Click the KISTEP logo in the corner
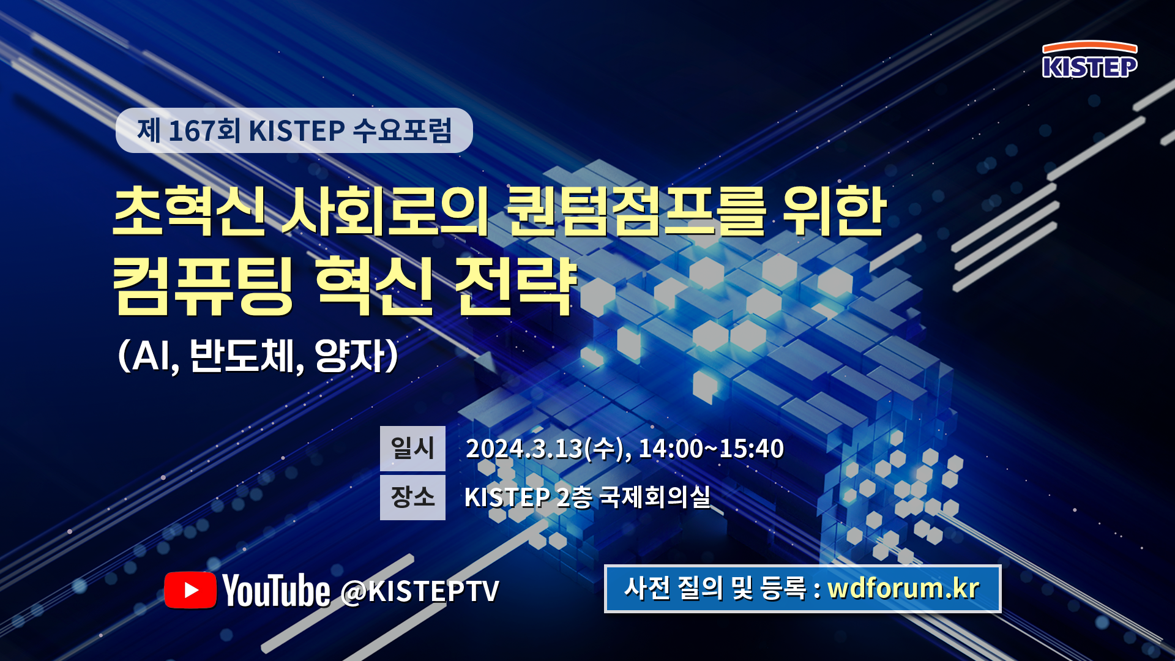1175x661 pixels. click(x=1089, y=59)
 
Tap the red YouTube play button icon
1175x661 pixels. click(x=190, y=590)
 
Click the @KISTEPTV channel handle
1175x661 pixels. click(x=420, y=591)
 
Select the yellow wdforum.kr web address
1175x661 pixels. click(x=903, y=588)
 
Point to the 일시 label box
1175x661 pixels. click(x=412, y=448)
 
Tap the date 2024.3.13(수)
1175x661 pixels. click(x=545, y=449)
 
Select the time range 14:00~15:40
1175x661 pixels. click(x=711, y=449)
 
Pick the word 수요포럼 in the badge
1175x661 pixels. click(x=402, y=130)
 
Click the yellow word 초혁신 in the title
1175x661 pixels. click(x=190, y=211)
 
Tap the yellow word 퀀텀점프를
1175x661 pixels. click(x=636, y=211)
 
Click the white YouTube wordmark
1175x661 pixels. click(x=276, y=590)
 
